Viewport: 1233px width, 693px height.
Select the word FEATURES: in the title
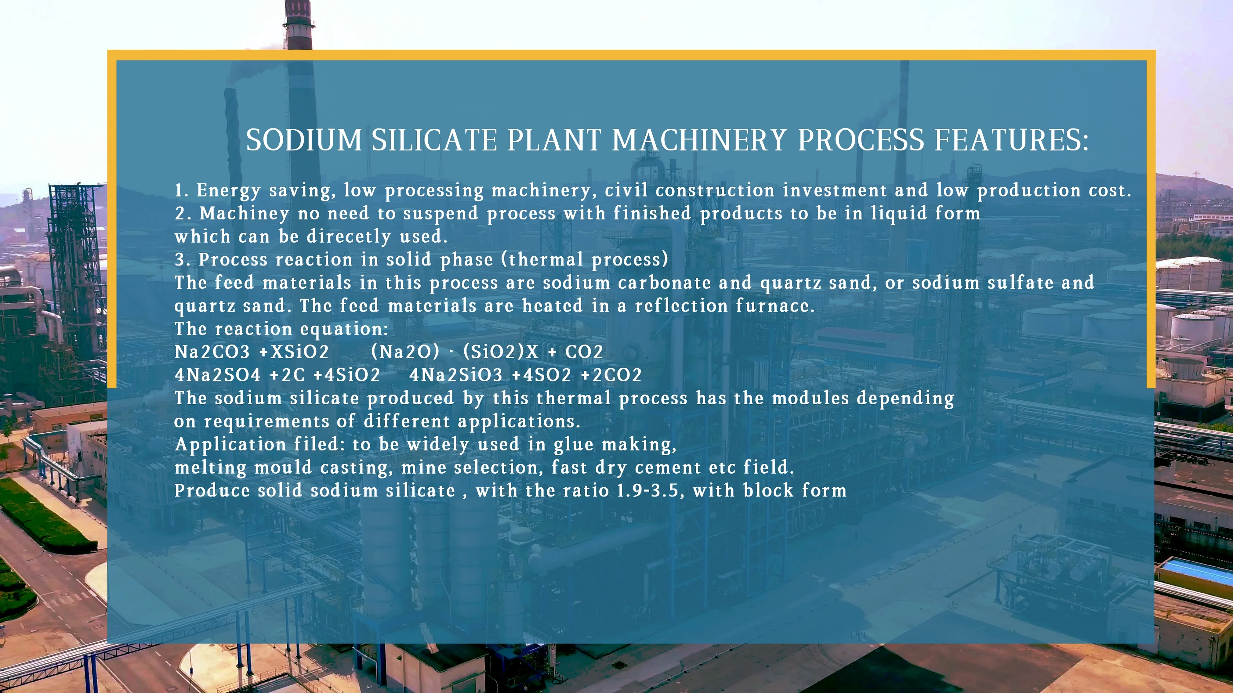pyautogui.click(x=1011, y=140)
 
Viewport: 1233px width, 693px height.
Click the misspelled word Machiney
pyautogui.click(x=244, y=213)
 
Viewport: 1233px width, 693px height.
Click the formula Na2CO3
pyautogui.click(x=212, y=352)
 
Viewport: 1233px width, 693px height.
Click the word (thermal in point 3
pyautogui.click(x=542, y=260)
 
